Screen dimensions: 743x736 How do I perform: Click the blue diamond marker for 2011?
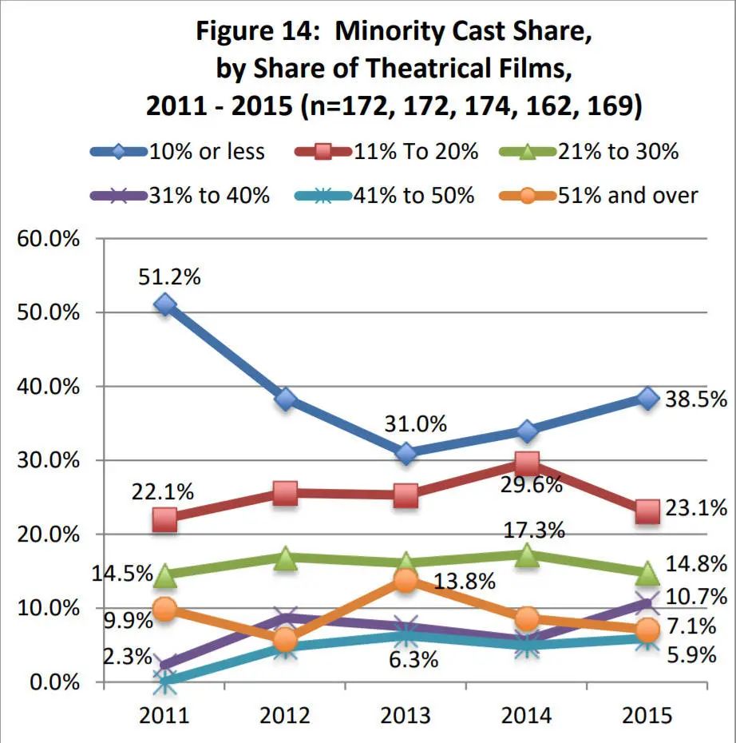coord(164,304)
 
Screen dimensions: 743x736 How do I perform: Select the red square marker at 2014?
coord(527,463)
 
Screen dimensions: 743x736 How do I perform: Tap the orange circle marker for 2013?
coord(406,581)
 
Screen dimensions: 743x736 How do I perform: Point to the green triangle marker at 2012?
coord(286,558)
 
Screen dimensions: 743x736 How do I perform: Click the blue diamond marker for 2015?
coord(647,398)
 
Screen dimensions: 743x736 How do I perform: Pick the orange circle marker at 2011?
coord(164,610)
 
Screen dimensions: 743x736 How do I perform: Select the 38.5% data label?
coord(695,399)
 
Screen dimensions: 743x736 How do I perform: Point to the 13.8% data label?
coord(464,581)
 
